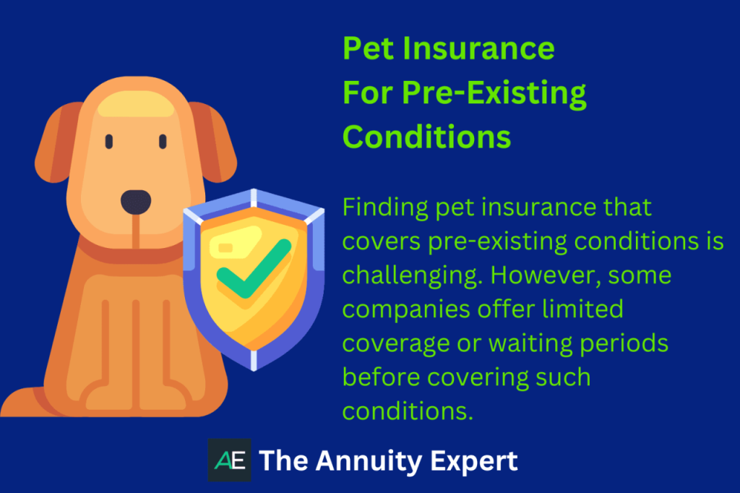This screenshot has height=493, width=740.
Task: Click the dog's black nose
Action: click(135, 202)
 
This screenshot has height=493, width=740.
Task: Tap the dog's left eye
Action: click(109, 141)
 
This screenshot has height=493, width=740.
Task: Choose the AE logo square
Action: click(229, 460)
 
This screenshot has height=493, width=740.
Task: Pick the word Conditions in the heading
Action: click(426, 137)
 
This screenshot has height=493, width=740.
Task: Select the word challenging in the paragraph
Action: click(415, 275)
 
